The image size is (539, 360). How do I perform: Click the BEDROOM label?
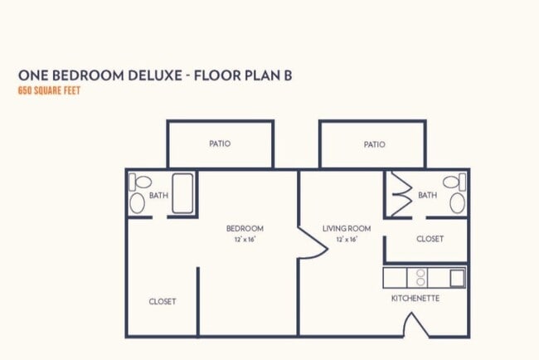(245, 228)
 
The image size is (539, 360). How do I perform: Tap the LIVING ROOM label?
(347, 228)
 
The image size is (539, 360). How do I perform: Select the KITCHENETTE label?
(415, 298)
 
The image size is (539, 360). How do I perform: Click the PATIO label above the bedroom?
(220, 144)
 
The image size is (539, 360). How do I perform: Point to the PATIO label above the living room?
(374, 144)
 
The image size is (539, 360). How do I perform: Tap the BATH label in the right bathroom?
(427, 196)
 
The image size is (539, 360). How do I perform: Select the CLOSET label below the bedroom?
(162, 301)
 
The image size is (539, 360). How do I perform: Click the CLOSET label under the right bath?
(430, 239)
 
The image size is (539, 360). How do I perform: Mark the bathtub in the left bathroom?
(182, 194)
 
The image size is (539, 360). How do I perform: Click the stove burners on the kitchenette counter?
(420, 277)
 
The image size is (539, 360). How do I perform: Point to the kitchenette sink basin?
(457, 277)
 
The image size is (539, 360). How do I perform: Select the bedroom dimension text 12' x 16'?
(245, 240)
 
